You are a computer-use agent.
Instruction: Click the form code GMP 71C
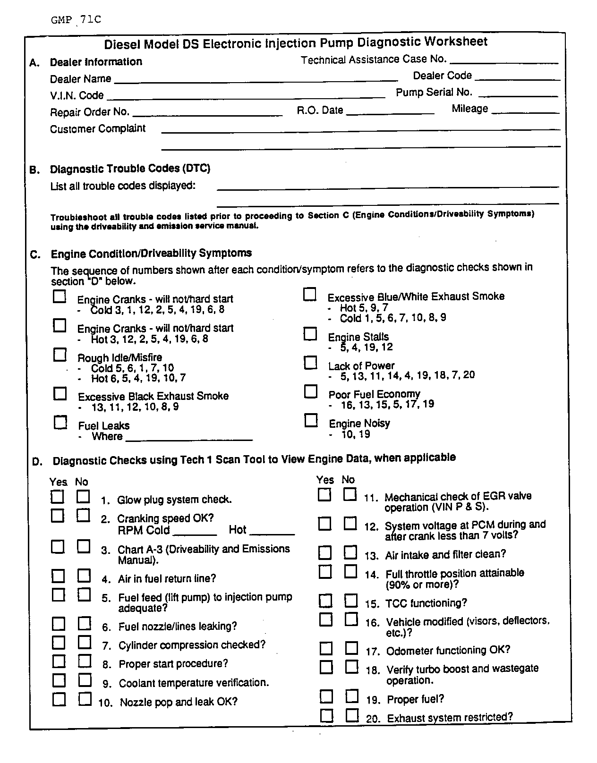click(x=76, y=20)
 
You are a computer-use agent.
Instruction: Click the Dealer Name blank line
click(x=256, y=81)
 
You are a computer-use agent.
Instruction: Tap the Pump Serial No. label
click(x=434, y=93)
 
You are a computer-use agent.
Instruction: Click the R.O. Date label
click(x=320, y=110)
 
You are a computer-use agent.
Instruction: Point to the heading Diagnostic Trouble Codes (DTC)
click(x=130, y=169)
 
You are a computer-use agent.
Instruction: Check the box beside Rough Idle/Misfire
click(x=60, y=355)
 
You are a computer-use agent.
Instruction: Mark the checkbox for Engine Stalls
click(x=310, y=334)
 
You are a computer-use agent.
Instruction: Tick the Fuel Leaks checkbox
click(x=60, y=422)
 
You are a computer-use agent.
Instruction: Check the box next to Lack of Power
click(x=310, y=363)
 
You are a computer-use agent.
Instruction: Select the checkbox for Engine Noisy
click(x=311, y=420)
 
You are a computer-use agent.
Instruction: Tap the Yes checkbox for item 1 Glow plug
click(x=58, y=497)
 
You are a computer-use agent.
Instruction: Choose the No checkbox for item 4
click(x=84, y=576)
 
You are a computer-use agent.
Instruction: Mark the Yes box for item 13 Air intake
click(x=325, y=552)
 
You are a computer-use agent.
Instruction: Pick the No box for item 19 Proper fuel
click(x=352, y=696)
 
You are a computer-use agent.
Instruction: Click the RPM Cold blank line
click(x=195, y=534)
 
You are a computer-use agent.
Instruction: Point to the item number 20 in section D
click(x=373, y=719)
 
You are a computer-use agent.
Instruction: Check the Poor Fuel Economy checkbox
click(x=310, y=391)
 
